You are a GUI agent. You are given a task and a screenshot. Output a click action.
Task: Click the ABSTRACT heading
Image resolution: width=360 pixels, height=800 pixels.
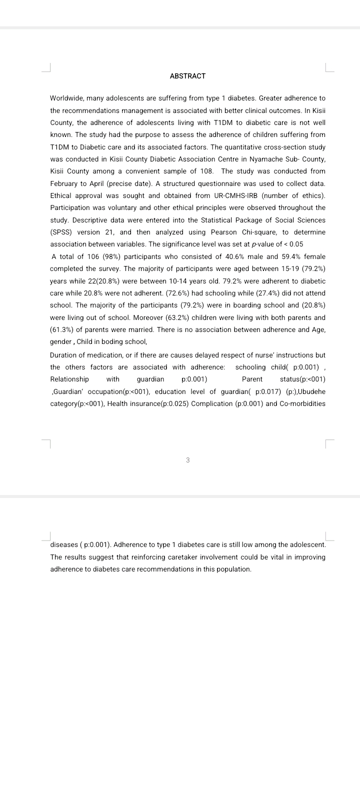click(187, 76)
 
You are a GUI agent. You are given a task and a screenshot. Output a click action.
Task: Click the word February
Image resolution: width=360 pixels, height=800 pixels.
click(66, 183)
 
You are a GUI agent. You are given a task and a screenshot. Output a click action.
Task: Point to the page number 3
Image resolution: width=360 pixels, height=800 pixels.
click(187, 460)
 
